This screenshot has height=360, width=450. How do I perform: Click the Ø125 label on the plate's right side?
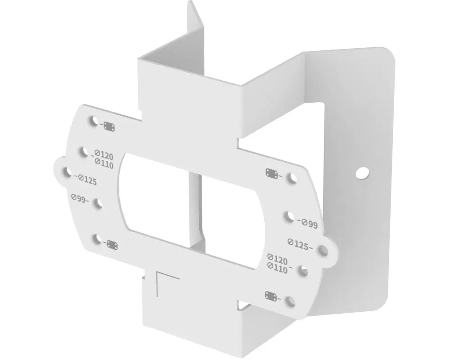[301, 245]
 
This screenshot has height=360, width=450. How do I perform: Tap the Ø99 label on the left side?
[80, 198]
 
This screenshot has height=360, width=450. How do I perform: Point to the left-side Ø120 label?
[103, 156]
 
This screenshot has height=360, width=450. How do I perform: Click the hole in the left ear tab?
[66, 172]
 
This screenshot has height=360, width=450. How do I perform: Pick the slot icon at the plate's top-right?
[272, 173]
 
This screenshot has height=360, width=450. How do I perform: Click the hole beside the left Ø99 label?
[97, 204]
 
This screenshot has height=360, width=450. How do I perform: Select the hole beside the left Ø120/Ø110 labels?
[84, 152]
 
